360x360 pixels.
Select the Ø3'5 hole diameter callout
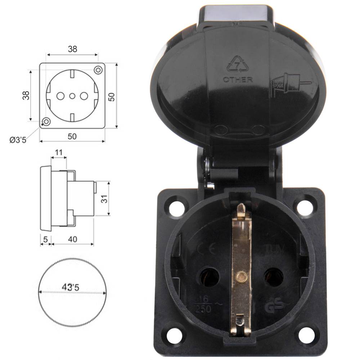tap(18, 140)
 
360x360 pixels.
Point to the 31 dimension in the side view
tap(104, 199)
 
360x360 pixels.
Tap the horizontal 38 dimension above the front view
tap(72, 49)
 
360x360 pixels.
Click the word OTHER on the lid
tap(238, 80)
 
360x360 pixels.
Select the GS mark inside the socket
tap(274, 307)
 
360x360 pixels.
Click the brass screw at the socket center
tap(240, 276)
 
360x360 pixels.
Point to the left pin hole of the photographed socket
tap(209, 278)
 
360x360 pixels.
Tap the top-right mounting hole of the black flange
tap(305, 207)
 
